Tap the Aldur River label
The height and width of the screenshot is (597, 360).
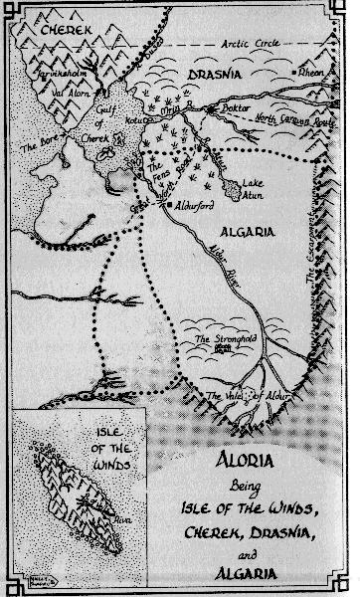coord(245,277)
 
